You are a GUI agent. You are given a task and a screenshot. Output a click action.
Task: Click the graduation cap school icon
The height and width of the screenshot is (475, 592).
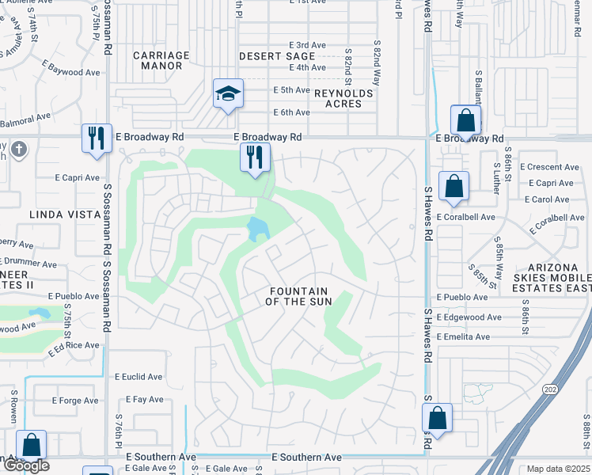pyautogui.click(x=229, y=94)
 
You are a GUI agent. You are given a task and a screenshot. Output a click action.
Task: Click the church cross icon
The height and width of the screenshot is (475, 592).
pyautogui.click(x=20, y=149)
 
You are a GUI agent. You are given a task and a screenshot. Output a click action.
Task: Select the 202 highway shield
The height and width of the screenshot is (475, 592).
pyautogui.click(x=549, y=389)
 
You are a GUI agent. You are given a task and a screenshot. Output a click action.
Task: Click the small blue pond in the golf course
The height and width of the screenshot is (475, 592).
pyautogui.click(x=257, y=230)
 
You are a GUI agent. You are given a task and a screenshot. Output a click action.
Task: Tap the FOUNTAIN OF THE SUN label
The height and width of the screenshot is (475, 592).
pyautogui.click(x=298, y=296)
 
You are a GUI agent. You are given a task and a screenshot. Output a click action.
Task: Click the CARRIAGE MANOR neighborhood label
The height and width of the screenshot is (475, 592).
pyautogui.click(x=161, y=61)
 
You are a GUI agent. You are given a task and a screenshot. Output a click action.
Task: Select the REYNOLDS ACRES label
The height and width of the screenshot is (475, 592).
pyautogui.click(x=343, y=98)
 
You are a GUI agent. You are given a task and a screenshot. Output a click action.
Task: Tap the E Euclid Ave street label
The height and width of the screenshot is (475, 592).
pyautogui.click(x=139, y=377)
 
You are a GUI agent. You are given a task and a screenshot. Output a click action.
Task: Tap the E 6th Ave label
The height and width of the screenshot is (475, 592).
pyautogui.click(x=291, y=112)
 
